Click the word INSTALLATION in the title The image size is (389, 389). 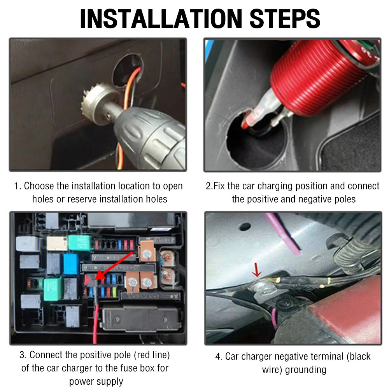(161, 19)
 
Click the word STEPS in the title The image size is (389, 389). (285, 19)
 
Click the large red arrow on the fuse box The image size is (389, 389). (114, 266)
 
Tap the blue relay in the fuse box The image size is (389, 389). (71, 264)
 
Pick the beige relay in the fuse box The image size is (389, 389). (57, 244)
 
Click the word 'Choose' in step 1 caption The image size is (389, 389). (39, 186)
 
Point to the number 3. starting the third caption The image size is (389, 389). (23, 355)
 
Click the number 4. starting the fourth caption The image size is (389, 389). (219, 357)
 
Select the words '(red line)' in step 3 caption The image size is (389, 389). (152, 355)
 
